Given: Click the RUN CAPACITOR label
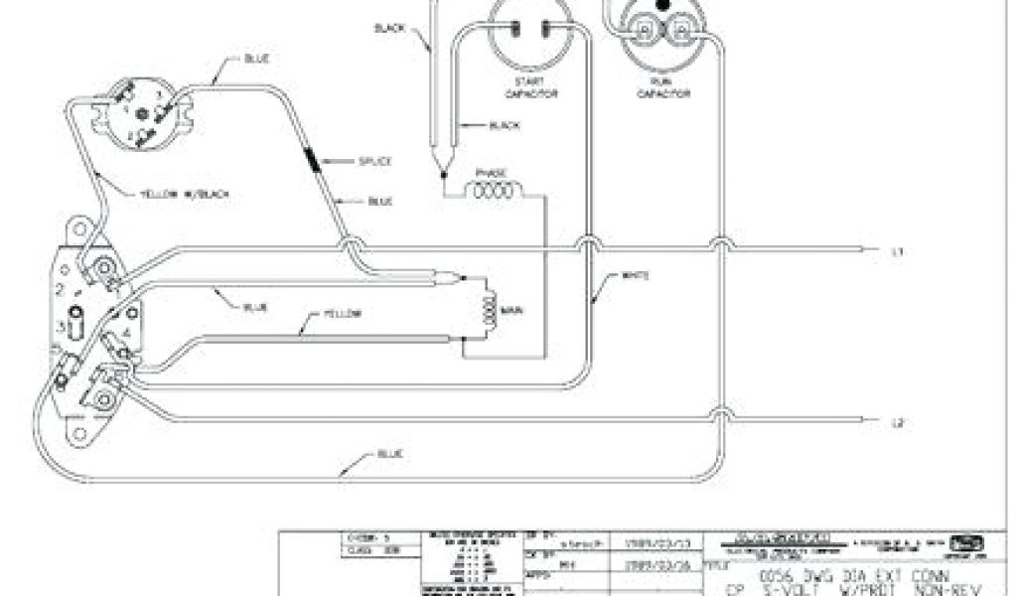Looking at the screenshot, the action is [655, 86].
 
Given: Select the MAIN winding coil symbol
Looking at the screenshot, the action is [488, 310].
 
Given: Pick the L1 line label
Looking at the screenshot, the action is [897, 251].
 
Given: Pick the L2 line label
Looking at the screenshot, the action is [897, 423].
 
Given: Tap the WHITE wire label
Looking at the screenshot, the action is [635, 275].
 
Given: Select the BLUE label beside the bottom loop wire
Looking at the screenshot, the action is [389, 453].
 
